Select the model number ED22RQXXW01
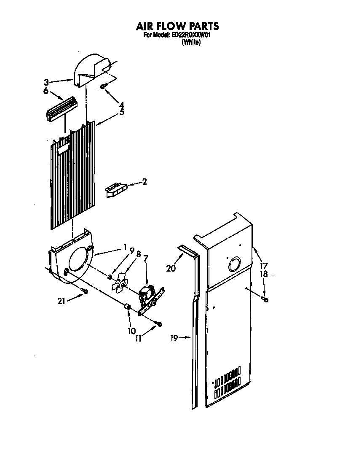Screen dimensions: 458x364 (x=190, y=35)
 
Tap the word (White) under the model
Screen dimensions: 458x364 (x=191, y=42)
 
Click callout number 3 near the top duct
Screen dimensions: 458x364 (x=47, y=81)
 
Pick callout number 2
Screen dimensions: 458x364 (x=145, y=182)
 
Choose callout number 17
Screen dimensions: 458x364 (x=264, y=266)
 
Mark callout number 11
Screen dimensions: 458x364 (x=138, y=338)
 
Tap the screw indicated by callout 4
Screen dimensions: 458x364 (x=103, y=86)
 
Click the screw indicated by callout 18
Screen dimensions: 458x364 (x=265, y=299)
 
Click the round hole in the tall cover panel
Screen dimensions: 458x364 (x=233, y=265)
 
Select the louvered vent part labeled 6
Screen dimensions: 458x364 (x=61, y=108)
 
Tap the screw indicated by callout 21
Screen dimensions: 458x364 (x=85, y=291)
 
